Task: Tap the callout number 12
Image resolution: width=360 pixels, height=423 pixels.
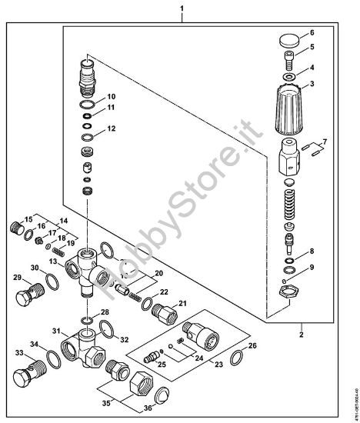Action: [x=112, y=128]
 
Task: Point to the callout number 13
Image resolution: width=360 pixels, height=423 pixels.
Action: [x=53, y=262]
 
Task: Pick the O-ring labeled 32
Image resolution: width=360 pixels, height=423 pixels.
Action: [x=108, y=330]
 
